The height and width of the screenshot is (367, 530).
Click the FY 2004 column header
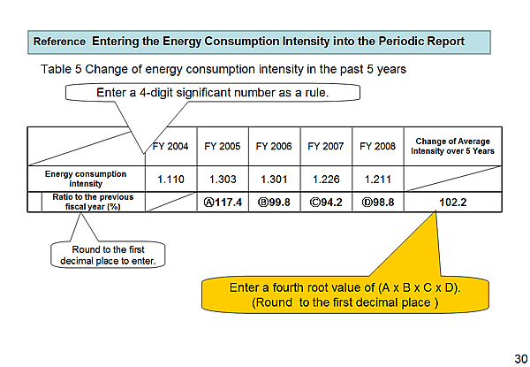170,146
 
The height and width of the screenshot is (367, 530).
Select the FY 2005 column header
223,146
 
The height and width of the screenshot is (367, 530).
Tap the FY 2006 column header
274,146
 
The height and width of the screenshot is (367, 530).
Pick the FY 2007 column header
326,146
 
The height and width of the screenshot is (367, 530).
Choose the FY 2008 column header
377,146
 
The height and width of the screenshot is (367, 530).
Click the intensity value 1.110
170,180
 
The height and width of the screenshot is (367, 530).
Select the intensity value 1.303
223,180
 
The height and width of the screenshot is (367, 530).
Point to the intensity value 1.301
274,180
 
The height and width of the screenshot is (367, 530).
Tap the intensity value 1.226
326,180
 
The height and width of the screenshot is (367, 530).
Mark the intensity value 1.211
377,180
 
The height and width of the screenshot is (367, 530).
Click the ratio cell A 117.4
223,202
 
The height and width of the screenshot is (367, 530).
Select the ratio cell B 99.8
274,202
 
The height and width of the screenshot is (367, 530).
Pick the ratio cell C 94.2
326,202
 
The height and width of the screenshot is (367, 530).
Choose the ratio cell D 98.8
377,202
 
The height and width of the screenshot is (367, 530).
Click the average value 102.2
452,202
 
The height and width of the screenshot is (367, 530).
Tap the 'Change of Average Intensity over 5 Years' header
452,146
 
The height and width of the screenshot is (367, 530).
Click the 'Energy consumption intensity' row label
86,180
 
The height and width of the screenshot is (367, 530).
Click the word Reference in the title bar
59,41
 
